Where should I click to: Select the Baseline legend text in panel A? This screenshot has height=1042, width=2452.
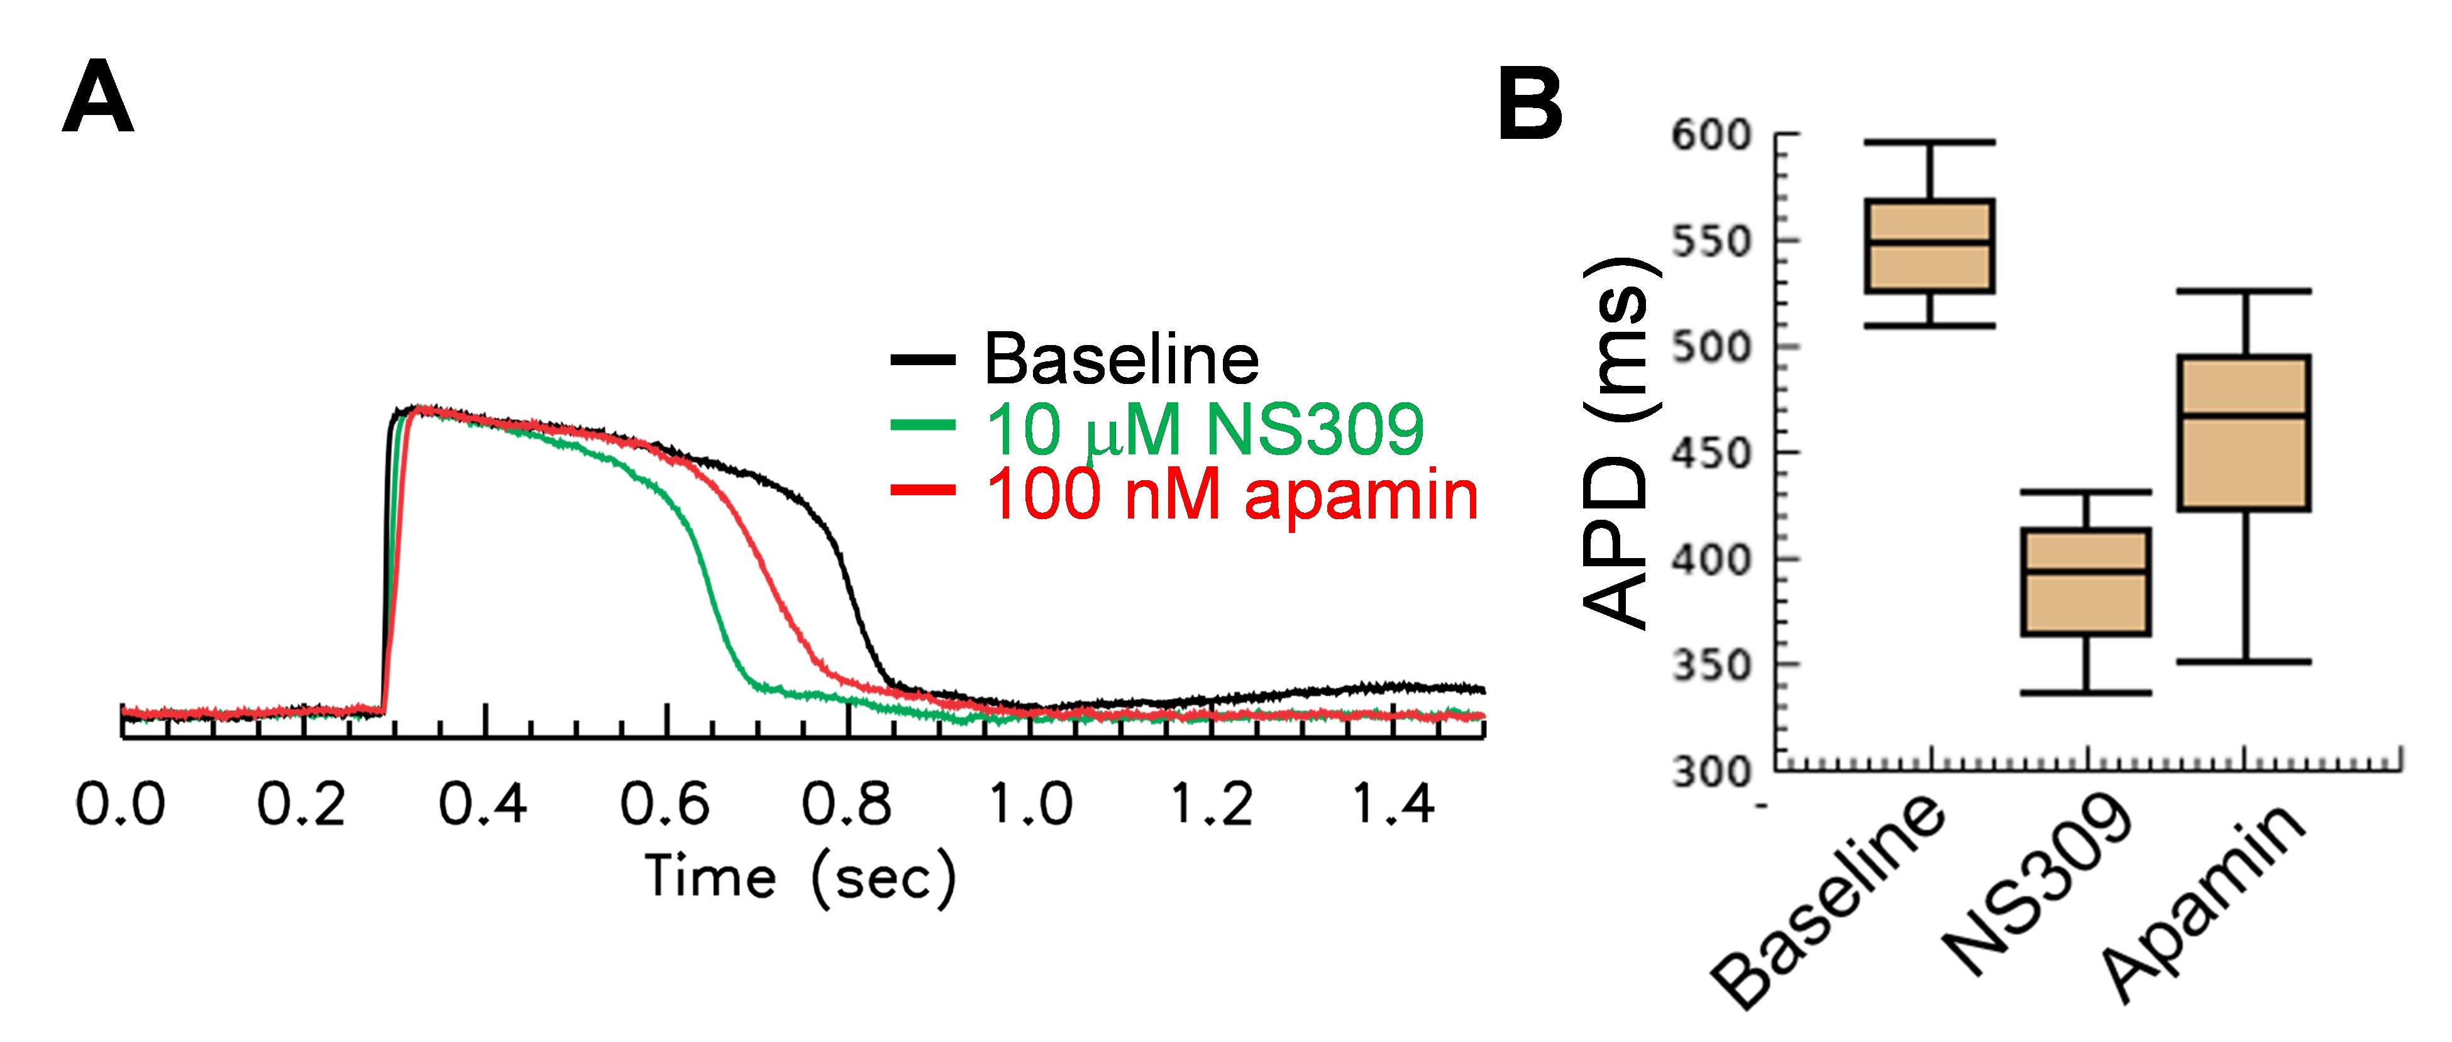tap(1120, 359)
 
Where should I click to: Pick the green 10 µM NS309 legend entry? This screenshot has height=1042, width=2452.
tap(1203, 428)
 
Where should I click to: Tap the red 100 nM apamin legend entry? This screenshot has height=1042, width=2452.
tap(1231, 495)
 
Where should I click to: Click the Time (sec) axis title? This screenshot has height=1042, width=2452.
tap(800, 877)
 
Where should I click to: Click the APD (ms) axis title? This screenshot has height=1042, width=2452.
tap(1618, 442)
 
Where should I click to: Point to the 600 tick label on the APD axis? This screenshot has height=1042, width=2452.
tap(1711, 135)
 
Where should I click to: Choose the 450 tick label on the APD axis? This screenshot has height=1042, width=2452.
tap(1711, 454)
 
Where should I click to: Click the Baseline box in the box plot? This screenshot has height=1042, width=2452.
tap(1930, 246)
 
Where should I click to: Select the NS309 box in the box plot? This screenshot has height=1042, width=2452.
tap(2085, 581)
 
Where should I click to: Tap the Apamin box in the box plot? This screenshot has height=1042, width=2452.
tap(2243, 433)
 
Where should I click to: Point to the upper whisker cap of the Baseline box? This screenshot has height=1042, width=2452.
tap(1930, 142)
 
